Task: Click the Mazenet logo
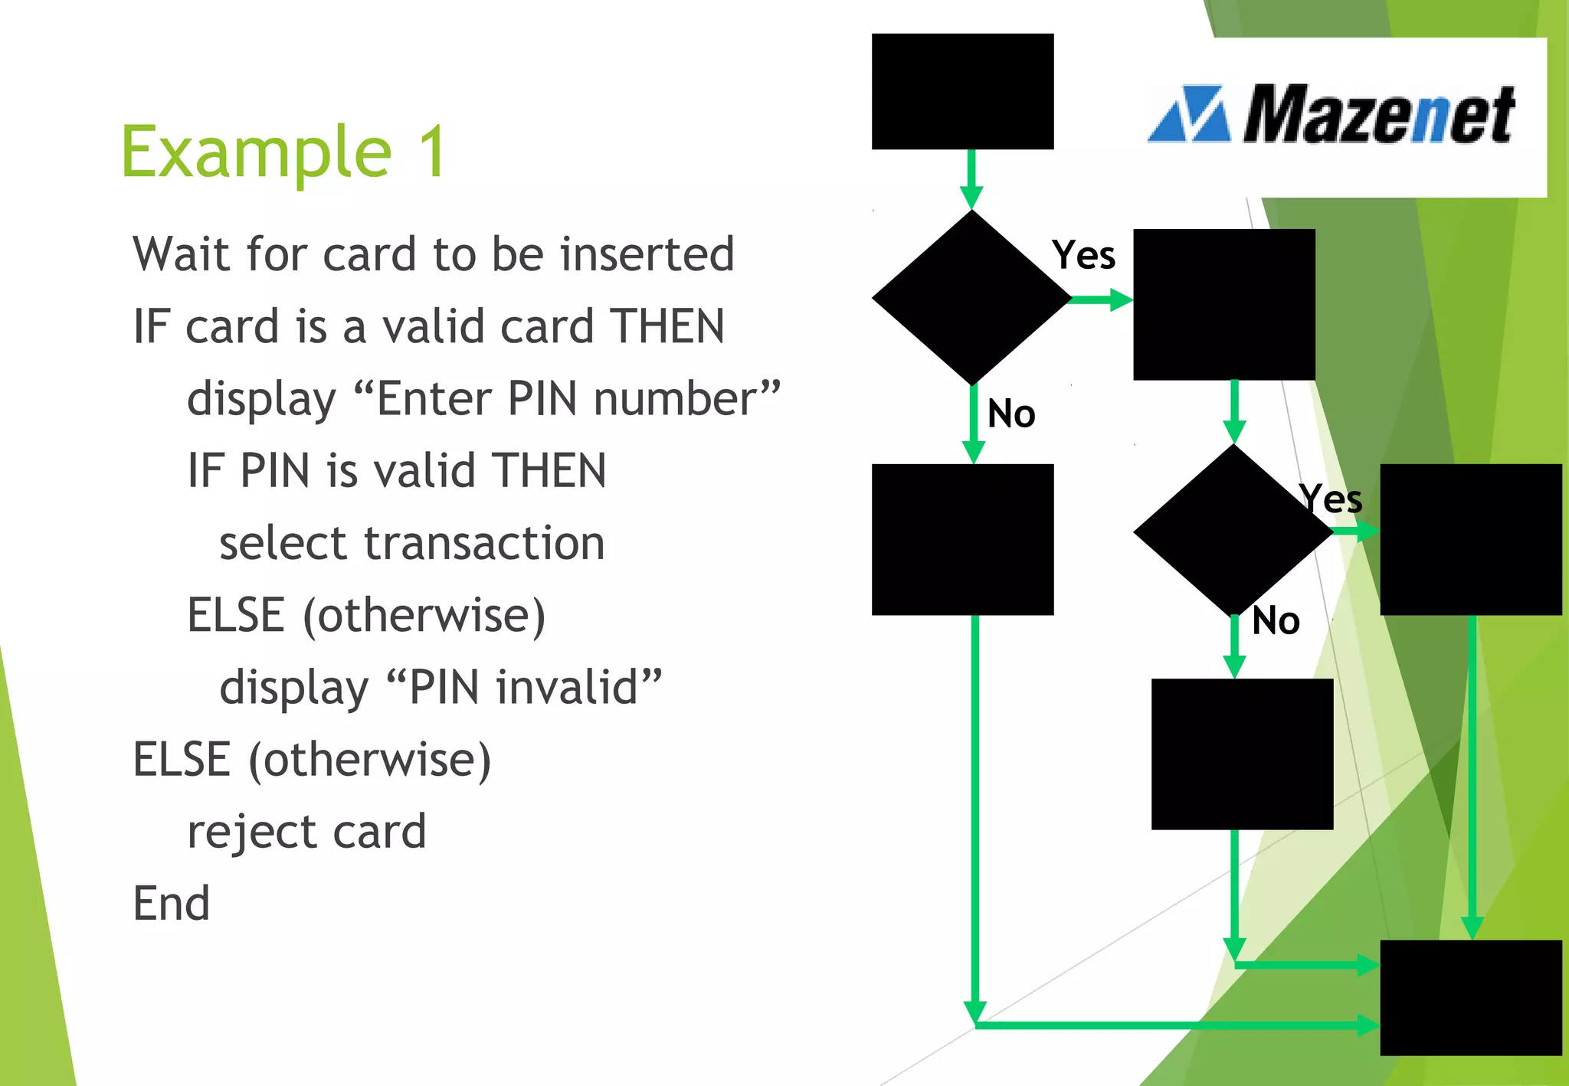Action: coord(1332,115)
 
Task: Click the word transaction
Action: coord(484,543)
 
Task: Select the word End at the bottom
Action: coord(172,903)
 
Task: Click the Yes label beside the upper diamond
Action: coord(1083,254)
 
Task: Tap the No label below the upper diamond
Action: coord(1011,414)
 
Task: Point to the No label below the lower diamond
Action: coord(1276,620)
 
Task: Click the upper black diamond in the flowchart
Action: coord(971,297)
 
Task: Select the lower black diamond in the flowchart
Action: coord(1232,530)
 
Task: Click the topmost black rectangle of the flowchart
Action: coord(962,91)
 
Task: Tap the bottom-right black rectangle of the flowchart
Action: coord(1470,997)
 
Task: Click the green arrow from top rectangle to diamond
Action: coord(971,178)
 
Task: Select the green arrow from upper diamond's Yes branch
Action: coord(1101,299)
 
